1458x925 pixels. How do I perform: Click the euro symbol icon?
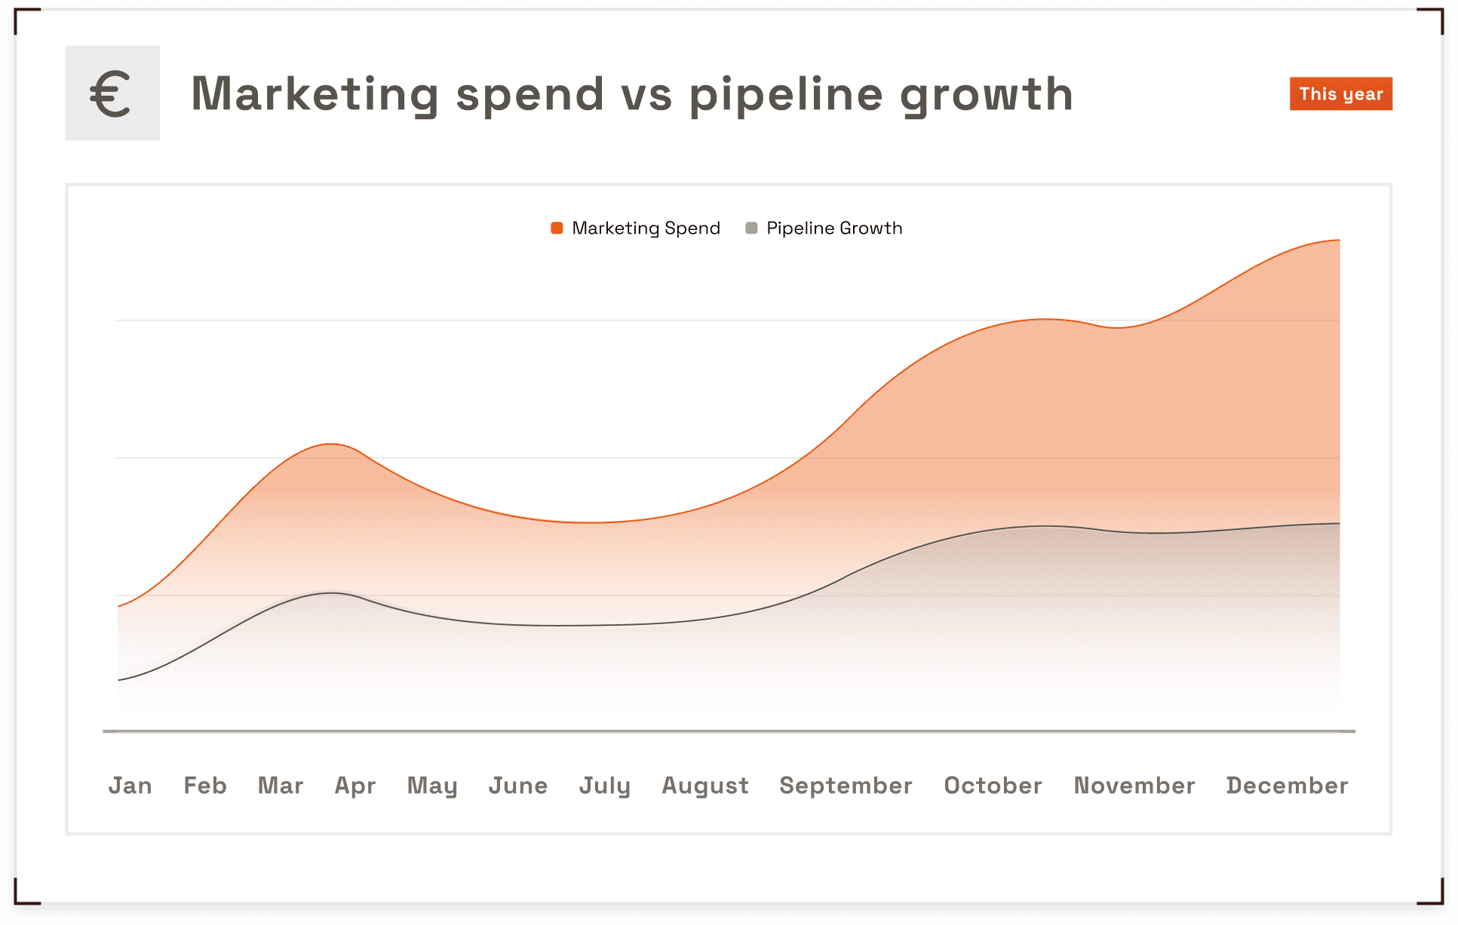[x=112, y=93]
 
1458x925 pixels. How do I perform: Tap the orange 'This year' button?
[x=1340, y=94]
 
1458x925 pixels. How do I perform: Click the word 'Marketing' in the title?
[x=315, y=95]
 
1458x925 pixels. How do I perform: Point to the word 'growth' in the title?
[x=987, y=95]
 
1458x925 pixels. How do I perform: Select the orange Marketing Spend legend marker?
[x=557, y=228]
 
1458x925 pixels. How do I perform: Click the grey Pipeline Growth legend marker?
[x=751, y=228]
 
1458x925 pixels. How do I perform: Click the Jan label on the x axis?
[x=130, y=786]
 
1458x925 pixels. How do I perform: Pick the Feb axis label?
[x=205, y=786]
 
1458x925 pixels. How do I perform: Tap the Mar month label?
[x=281, y=786]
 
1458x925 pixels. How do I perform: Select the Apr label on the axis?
[x=355, y=786]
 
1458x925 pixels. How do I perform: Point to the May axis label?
[x=432, y=786]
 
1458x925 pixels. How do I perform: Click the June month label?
[x=518, y=786]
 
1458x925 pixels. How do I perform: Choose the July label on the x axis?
[x=605, y=786]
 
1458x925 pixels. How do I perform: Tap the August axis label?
[x=705, y=786]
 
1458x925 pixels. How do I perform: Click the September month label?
[x=846, y=786]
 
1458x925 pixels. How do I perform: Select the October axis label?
[x=993, y=786]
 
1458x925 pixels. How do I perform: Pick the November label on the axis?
[x=1134, y=786]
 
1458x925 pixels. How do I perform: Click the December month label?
[x=1288, y=786]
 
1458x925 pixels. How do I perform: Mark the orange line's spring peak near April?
[x=331, y=444]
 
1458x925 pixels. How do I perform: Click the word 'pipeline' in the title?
[x=786, y=95]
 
